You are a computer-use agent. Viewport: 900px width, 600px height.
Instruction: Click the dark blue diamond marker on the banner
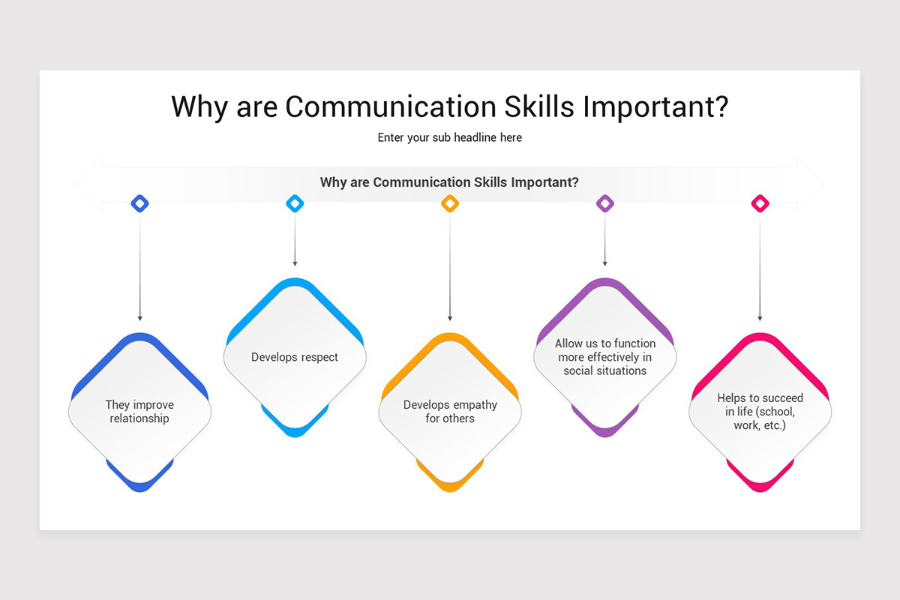(139, 202)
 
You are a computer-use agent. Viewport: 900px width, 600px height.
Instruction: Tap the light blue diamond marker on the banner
(295, 202)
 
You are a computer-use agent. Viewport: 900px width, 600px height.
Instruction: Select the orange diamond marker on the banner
(450, 202)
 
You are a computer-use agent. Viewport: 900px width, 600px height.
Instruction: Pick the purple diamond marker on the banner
(604, 202)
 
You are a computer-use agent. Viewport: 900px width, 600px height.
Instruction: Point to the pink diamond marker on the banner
(760, 202)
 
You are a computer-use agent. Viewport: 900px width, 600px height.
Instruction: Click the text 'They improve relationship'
(139, 412)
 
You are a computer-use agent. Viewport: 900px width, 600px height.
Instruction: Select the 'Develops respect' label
(295, 357)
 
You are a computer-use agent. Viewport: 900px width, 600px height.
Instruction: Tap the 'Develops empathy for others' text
(450, 412)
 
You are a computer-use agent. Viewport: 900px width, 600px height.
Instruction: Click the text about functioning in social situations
(604, 357)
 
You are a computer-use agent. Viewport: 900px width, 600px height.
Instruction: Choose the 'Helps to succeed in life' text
(760, 412)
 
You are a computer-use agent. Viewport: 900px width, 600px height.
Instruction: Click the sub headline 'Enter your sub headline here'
(450, 137)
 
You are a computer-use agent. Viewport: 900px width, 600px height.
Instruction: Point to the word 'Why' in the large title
(199, 106)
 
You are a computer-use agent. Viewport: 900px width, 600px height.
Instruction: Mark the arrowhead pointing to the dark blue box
(139, 318)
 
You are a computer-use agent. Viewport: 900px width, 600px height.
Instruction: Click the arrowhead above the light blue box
(295, 263)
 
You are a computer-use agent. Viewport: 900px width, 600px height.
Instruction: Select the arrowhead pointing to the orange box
(450, 318)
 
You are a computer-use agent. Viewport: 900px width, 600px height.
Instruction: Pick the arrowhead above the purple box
(604, 263)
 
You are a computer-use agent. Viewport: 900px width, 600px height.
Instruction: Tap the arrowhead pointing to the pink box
(760, 318)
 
